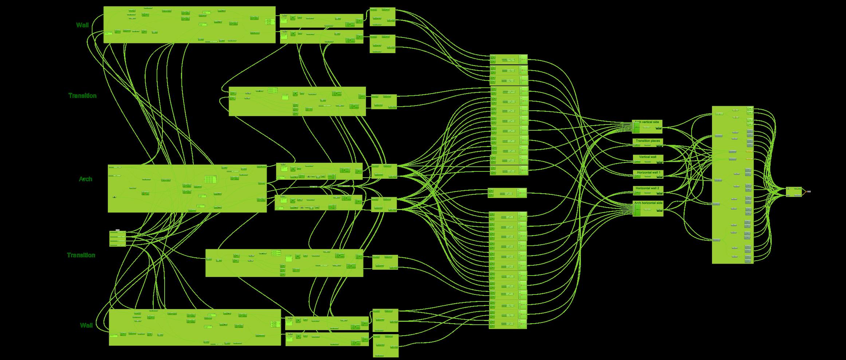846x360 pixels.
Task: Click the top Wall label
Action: (x=82, y=25)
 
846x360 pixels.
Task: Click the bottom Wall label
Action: (x=86, y=325)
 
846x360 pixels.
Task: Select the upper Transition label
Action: (x=82, y=96)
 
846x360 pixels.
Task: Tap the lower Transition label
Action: (x=81, y=255)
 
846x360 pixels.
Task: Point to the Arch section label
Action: (x=86, y=179)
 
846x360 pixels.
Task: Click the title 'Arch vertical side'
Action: (x=647, y=122)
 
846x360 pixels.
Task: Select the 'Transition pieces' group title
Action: (x=648, y=141)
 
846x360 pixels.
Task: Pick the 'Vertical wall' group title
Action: (x=648, y=157)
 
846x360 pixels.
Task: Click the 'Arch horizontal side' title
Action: (x=648, y=203)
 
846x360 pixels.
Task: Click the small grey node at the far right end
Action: (x=809, y=191)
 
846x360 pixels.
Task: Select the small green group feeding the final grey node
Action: (x=794, y=192)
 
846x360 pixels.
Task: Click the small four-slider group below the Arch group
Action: (x=117, y=239)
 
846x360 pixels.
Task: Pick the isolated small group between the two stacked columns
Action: (x=507, y=193)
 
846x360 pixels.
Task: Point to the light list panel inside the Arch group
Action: (x=210, y=179)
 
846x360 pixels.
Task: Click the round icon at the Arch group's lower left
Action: (x=114, y=197)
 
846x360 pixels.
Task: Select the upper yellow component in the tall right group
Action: (x=749, y=151)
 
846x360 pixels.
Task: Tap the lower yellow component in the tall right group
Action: (x=749, y=159)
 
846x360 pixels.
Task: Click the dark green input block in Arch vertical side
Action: (x=637, y=127)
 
